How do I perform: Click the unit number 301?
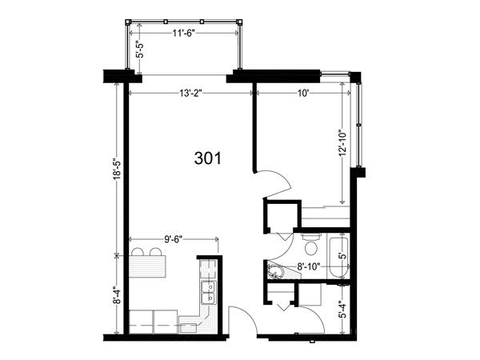207,158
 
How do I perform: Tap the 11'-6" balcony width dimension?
183,33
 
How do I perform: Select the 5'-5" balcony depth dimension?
140,50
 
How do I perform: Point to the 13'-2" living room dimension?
190,93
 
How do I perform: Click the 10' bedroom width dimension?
302,93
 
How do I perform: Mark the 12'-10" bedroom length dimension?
342,143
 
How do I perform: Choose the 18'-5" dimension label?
118,169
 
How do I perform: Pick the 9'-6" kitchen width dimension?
174,239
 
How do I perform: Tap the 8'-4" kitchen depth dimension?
118,295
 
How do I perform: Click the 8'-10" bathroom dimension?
309,266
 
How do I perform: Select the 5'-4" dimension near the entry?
344,310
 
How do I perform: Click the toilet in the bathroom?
311,245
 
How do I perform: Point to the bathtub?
338,256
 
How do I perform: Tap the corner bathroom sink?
276,271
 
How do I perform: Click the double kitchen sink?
209,293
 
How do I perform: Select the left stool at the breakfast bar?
138,252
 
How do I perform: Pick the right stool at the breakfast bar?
155,252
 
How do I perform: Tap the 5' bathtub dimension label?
344,256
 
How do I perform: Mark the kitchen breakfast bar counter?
147,266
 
